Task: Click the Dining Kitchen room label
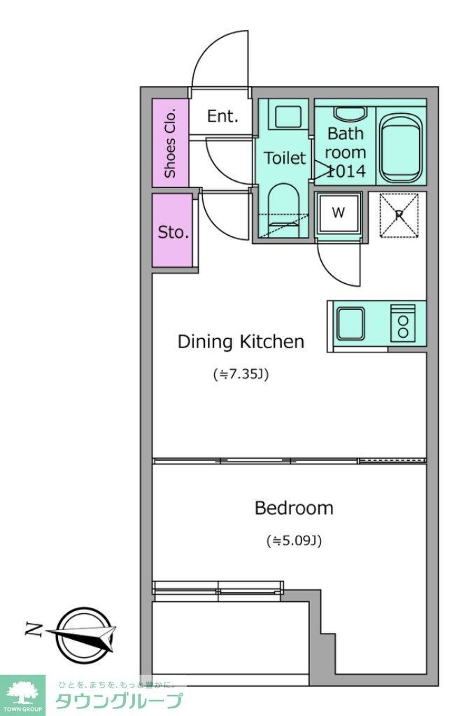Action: (241, 341)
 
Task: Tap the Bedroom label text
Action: (294, 508)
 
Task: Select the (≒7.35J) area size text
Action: (241, 375)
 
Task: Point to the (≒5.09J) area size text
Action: (295, 541)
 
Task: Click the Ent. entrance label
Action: (223, 116)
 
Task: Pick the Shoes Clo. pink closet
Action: (170, 143)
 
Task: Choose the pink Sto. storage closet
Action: (172, 231)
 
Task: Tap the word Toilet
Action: (284, 158)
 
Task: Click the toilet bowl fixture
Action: (283, 210)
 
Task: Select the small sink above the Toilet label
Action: (288, 117)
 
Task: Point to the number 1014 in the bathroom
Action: (346, 171)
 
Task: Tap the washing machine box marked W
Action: (339, 213)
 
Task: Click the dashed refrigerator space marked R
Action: (399, 215)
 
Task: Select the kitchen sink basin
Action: (350, 322)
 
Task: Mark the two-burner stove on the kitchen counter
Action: (403, 323)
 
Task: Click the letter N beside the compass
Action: (34, 630)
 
